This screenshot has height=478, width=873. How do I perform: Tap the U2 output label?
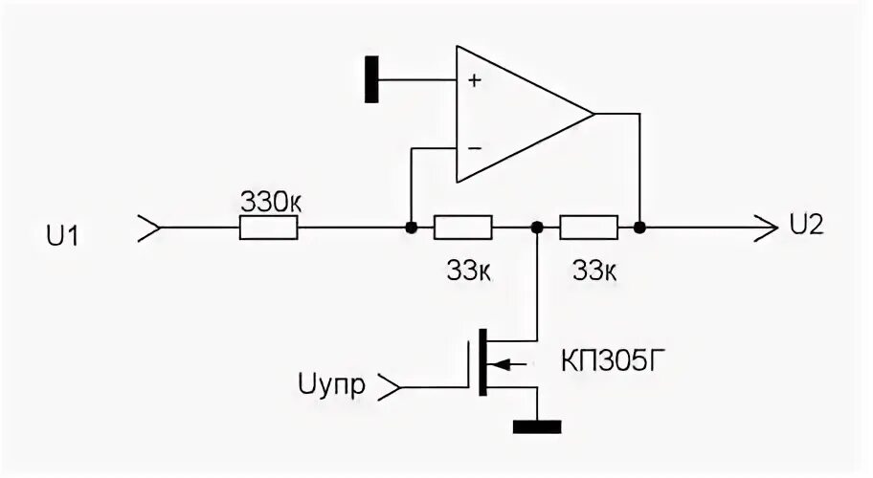pyautogui.click(x=807, y=226)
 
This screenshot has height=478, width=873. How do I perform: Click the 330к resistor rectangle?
pyautogui.click(x=269, y=228)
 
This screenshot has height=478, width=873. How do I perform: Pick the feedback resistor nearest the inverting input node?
pyautogui.click(x=463, y=228)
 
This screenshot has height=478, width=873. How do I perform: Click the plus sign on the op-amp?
pyautogui.click(x=473, y=80)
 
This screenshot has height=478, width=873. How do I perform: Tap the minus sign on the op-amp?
pyautogui.click(x=473, y=148)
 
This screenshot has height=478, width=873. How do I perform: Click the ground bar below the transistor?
pyautogui.click(x=537, y=426)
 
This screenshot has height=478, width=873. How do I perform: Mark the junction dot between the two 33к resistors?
pyautogui.click(x=537, y=228)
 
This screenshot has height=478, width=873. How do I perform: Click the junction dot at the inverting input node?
pyautogui.click(x=410, y=228)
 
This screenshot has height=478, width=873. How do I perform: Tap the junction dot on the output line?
pyautogui.click(x=638, y=228)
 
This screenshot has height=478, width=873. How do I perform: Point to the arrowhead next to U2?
pyautogui.click(x=766, y=228)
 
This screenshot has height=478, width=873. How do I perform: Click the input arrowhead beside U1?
pyautogui.click(x=150, y=228)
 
